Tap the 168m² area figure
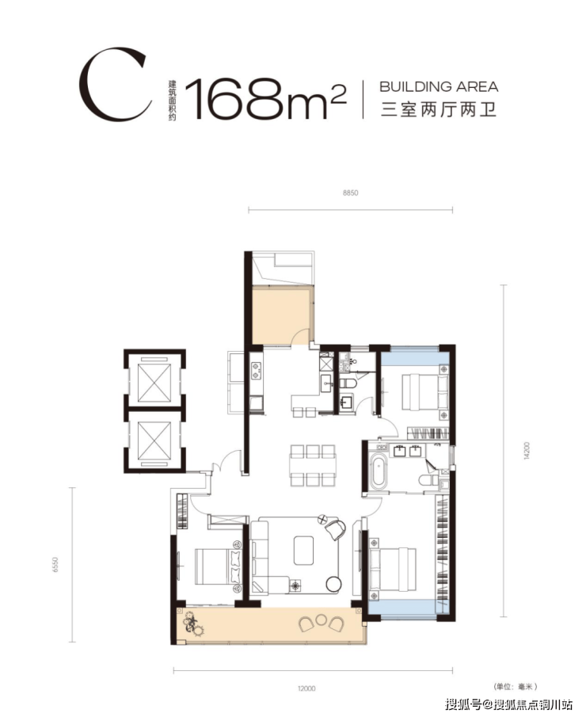pos(264,98)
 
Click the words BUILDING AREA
pos(439,86)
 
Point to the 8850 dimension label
pos(351,193)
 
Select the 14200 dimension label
pos(526,451)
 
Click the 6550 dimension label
pos(56,565)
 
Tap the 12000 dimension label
pos(306,688)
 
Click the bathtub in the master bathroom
pos(378,469)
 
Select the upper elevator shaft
pos(154,383)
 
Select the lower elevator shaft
pos(154,440)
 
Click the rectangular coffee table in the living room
pos(303,550)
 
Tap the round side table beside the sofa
pos(333,585)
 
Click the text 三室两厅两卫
pos(439,110)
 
